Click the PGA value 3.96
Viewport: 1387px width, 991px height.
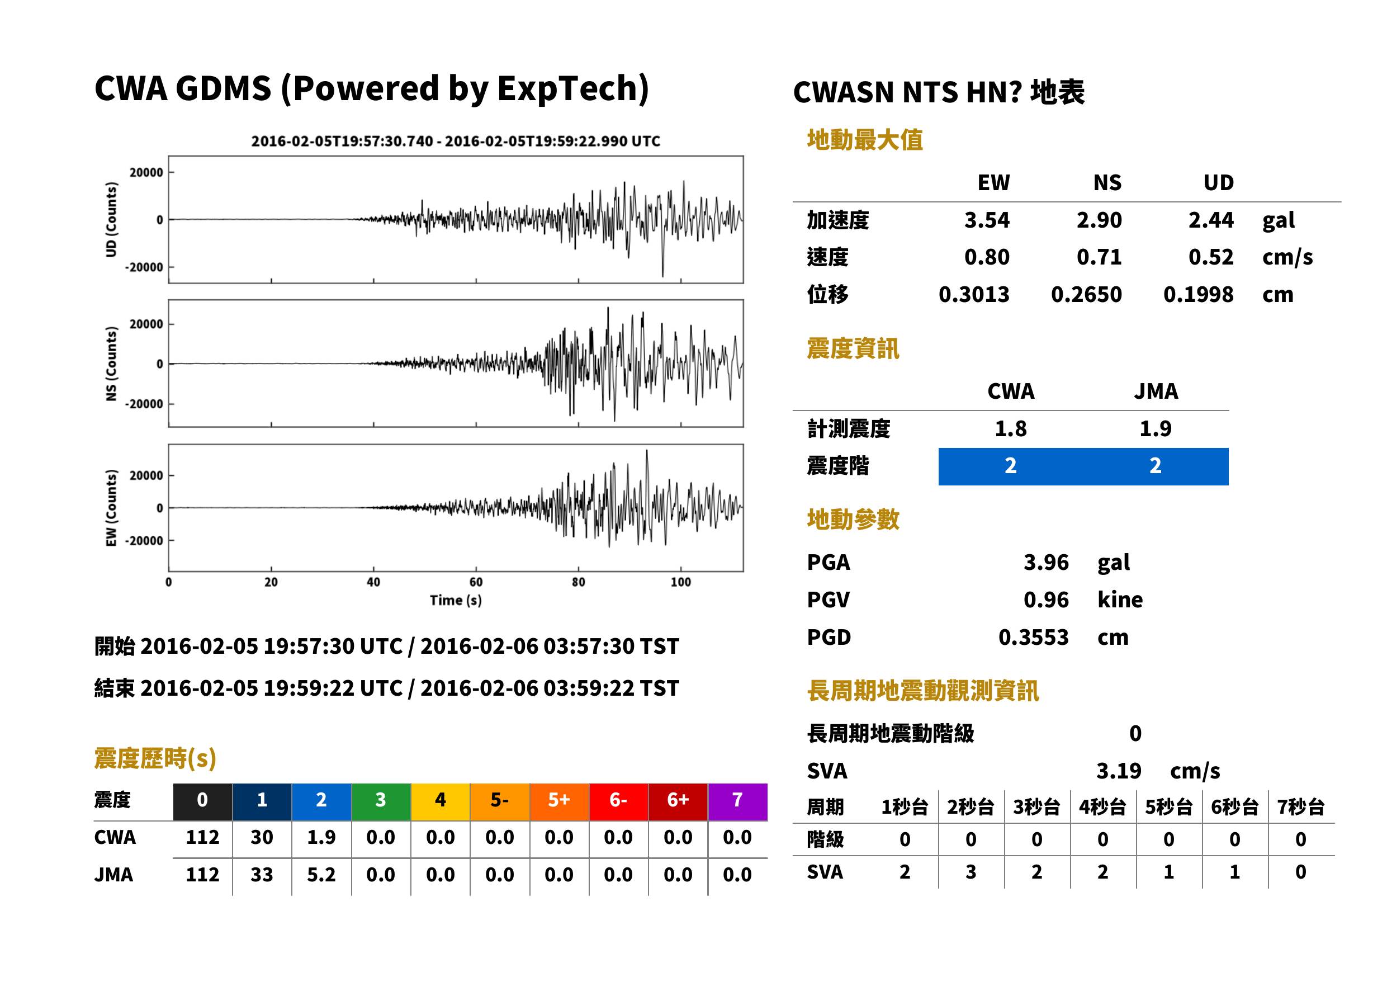click(1045, 562)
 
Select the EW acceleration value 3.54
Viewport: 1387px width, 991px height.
click(986, 220)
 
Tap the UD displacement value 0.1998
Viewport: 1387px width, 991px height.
click(1198, 294)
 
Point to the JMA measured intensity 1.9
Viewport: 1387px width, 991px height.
click(1155, 428)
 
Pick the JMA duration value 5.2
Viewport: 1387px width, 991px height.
click(321, 875)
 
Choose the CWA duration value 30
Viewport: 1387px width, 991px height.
click(262, 837)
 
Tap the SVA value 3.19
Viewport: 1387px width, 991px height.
click(1119, 771)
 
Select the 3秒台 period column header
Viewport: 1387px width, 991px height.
click(1036, 806)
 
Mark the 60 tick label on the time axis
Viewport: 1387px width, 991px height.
click(476, 582)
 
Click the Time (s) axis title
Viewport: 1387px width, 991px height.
click(456, 601)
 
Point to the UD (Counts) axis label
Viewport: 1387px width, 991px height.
click(111, 220)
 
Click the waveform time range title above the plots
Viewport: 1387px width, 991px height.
click(456, 141)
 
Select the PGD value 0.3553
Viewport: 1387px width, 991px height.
click(1033, 637)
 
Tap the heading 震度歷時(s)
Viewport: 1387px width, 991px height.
click(155, 758)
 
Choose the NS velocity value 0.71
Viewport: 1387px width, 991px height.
click(1099, 257)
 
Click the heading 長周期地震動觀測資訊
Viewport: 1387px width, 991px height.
click(923, 691)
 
